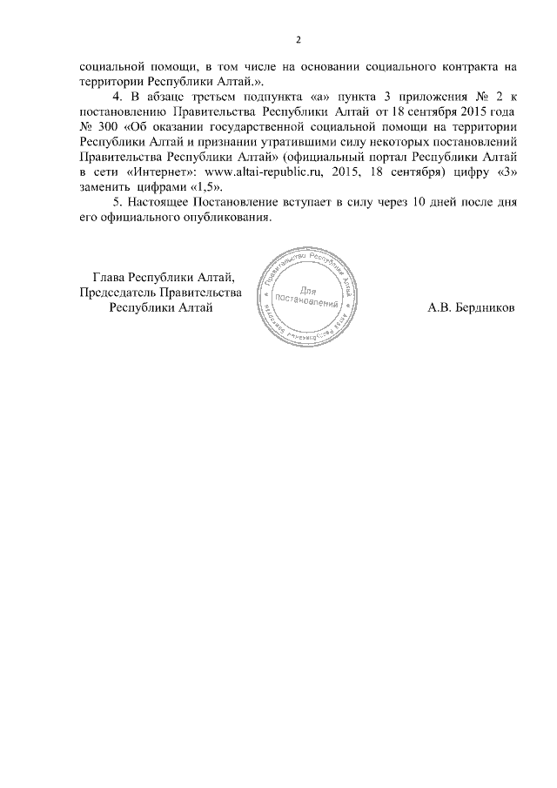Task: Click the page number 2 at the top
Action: (298, 40)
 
